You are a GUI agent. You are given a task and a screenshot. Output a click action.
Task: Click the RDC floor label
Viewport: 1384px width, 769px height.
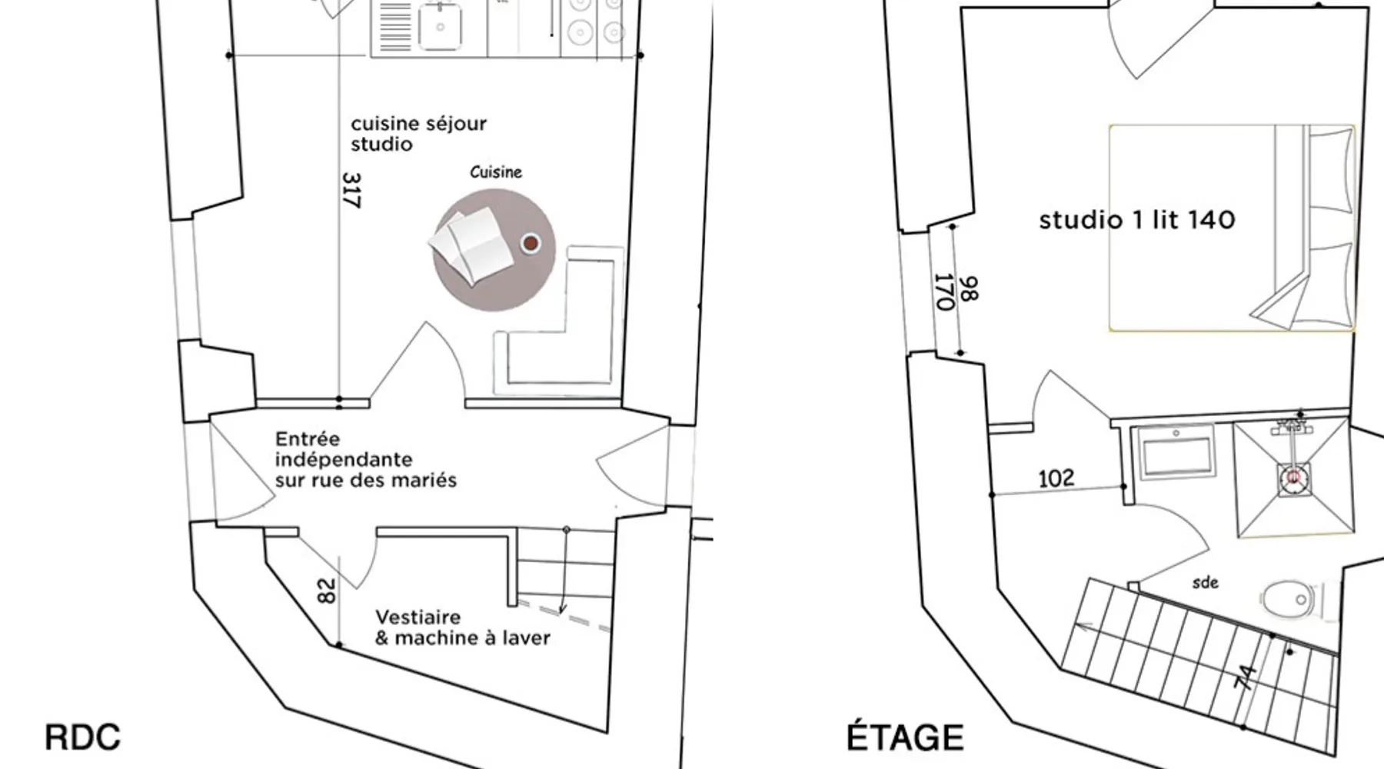coord(82,737)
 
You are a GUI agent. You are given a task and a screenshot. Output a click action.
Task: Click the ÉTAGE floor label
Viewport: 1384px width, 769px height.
coord(905,737)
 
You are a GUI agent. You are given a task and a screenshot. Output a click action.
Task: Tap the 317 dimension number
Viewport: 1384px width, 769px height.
coord(351,190)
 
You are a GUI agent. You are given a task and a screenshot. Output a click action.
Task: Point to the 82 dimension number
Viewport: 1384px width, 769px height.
coord(327,591)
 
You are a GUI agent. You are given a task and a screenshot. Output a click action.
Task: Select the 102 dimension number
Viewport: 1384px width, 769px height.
coord(1056,478)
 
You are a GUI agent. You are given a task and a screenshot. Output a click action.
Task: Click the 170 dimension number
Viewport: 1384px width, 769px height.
coord(943,292)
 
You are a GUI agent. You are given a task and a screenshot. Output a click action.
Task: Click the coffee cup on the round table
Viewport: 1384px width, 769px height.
coord(530,244)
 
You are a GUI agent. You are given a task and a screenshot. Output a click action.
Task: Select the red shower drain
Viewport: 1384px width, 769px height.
coord(1293,478)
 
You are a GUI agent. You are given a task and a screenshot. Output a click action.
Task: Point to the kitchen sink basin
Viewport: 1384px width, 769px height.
coord(440,26)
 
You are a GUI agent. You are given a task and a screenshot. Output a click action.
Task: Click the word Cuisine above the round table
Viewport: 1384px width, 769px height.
coord(496,172)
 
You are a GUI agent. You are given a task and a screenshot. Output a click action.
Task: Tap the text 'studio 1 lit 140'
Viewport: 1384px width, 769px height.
coord(1137,221)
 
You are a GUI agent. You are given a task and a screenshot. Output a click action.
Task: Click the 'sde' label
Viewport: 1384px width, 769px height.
coord(1205,583)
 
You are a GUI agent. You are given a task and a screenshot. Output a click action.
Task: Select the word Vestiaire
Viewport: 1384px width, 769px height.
coord(418,618)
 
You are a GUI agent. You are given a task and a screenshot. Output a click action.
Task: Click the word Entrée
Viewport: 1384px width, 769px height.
coord(308,439)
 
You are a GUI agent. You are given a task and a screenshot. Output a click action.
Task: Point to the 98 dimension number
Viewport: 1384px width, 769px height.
coord(970,289)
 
